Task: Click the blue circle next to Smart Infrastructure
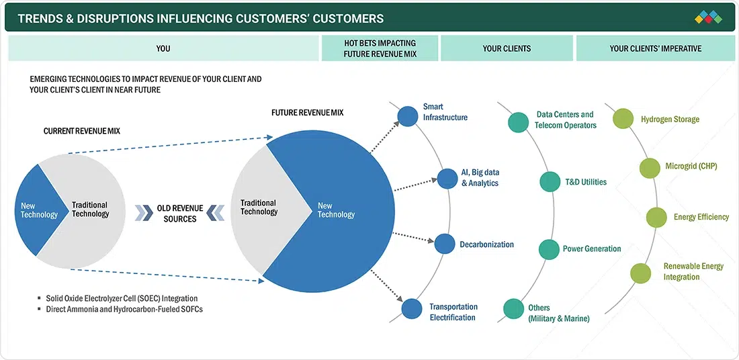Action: pos(407,116)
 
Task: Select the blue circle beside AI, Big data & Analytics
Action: pos(447,178)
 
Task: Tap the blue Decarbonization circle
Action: pos(445,243)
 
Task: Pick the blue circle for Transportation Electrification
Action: pos(412,308)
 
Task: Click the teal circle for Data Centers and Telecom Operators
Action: pos(518,122)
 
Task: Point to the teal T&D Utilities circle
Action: pos(550,182)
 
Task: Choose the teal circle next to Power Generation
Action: pos(548,249)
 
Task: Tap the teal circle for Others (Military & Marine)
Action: pos(514,309)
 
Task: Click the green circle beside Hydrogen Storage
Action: pos(623,119)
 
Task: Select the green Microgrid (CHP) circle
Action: pos(650,167)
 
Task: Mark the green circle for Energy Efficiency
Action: pos(656,217)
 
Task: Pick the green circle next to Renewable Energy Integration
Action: pos(641,272)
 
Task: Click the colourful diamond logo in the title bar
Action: pos(708,17)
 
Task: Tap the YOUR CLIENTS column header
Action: pos(507,48)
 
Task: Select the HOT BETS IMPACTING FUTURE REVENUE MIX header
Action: pos(380,48)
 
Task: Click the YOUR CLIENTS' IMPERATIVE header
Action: pos(655,48)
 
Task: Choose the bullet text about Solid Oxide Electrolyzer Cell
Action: pos(122,298)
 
